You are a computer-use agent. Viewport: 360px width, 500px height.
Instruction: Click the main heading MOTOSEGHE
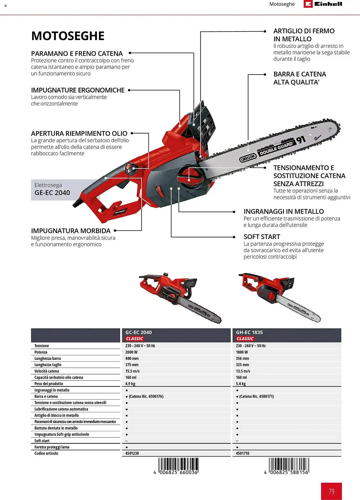(68, 36)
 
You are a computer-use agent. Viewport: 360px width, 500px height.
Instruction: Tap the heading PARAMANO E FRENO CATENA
(77, 53)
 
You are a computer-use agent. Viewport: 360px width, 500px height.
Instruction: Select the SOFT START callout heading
(262, 237)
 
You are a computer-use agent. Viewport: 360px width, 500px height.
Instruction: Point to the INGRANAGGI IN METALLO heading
(284, 211)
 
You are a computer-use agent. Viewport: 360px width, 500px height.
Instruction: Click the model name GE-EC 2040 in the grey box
(52, 193)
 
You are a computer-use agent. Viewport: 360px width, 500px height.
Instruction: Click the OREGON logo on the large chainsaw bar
(248, 158)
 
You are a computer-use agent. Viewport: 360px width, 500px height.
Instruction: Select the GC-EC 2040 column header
(139, 332)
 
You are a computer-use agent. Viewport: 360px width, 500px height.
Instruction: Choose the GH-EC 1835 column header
(249, 332)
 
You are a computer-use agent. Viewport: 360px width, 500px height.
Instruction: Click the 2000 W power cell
(132, 352)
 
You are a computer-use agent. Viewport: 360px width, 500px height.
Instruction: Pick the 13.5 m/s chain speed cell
(243, 371)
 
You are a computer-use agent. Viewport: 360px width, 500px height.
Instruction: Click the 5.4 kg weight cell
(241, 383)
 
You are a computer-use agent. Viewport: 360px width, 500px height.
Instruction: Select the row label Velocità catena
(47, 371)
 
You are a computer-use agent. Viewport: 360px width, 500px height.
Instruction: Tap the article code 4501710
(243, 453)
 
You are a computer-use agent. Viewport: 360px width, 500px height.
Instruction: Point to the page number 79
(331, 491)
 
